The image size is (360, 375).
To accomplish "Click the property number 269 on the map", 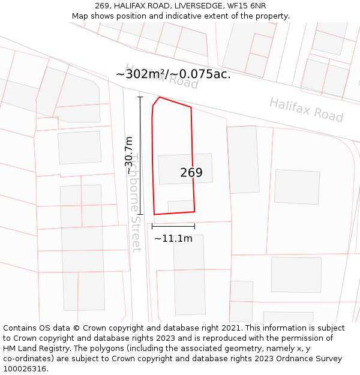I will click(191, 173).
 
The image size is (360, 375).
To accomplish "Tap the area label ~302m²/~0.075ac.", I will click(173, 74).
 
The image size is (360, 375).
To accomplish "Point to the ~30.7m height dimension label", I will click(129, 155).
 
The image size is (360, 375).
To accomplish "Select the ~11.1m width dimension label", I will click(173, 238).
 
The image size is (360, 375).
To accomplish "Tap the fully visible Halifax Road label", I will click(306, 110).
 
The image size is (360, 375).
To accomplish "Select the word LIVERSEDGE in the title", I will click(194, 6).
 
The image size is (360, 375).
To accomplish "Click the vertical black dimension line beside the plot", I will click(140, 155).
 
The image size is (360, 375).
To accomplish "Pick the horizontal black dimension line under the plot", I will click(173, 226).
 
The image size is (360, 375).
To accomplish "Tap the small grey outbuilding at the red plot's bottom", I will click(181, 206).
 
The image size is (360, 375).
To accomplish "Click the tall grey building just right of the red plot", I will click(243, 160).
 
